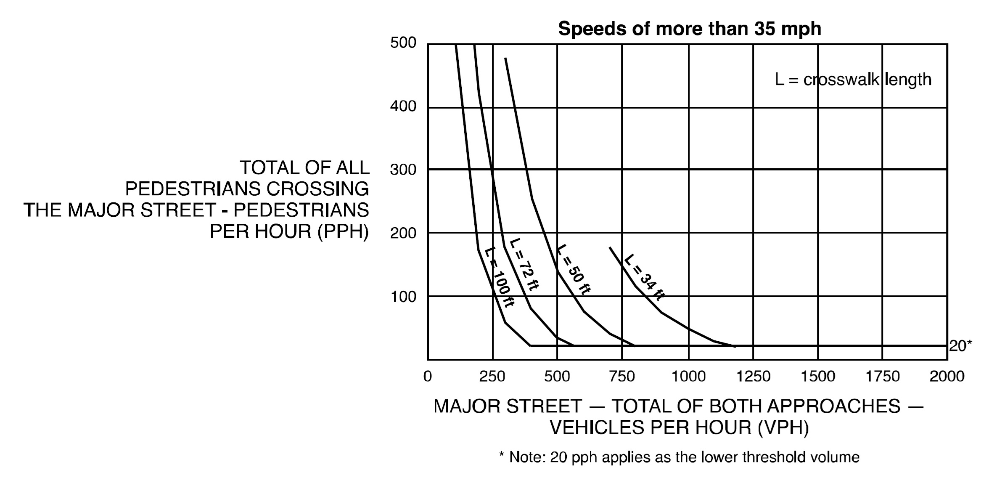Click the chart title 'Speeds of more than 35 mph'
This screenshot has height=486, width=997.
coord(689,29)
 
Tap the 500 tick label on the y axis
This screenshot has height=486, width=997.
coord(403,43)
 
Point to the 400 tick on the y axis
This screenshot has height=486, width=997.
coord(403,106)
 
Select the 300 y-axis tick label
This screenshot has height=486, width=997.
coord(403,170)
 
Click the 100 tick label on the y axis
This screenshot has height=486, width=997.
coord(403,297)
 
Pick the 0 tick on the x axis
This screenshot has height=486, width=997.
coord(427,376)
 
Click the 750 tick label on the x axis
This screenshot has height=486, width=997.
coord(621,376)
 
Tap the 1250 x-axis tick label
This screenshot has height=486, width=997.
coord(753,376)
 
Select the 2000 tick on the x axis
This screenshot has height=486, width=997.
coord(947,376)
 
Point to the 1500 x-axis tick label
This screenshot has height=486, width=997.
coord(818,376)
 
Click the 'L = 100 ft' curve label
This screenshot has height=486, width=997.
coord(499,278)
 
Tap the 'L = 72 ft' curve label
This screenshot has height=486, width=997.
coord(524,264)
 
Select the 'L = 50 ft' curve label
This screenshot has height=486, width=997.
coord(574,269)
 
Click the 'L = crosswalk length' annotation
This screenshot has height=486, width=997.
coord(853,80)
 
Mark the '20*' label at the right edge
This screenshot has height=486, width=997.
coord(960,346)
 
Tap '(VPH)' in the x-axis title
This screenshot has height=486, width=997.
coord(783,428)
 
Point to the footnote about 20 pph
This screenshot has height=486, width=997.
coord(679,457)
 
